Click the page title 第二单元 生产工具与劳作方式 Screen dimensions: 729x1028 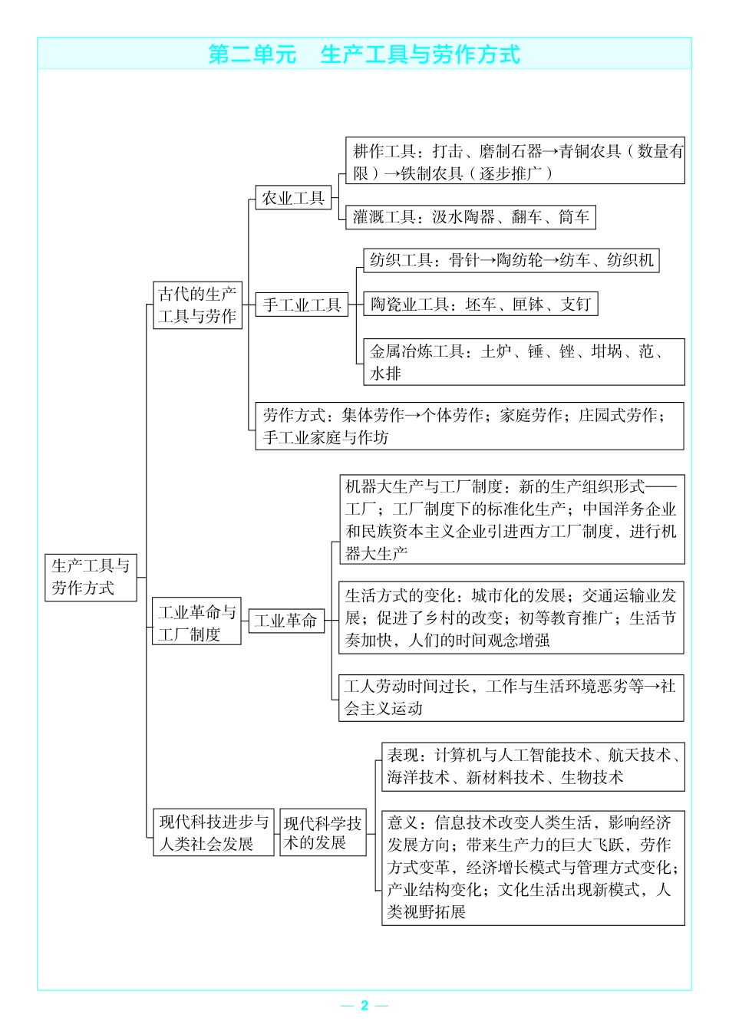364,54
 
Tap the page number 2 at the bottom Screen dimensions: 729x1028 364,1005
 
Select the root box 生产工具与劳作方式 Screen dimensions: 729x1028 91,578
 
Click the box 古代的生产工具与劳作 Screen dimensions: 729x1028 197,305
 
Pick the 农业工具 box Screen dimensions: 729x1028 293,198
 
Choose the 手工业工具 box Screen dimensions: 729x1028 302,305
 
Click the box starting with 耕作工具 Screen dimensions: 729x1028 515,160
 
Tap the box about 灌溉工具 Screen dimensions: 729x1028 470,217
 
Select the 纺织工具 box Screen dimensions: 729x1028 511,261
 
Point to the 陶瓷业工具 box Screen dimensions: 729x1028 480,304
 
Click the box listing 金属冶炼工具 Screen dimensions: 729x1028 524,362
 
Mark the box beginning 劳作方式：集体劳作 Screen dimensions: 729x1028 470,427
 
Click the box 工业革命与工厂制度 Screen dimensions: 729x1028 196,621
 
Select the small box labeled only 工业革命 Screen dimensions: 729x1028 286,621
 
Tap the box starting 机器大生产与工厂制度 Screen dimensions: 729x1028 512,519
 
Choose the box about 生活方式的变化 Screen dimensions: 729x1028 511,618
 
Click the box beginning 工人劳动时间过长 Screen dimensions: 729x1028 511,698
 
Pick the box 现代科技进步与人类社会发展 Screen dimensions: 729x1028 213,832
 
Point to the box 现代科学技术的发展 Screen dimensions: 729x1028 323,832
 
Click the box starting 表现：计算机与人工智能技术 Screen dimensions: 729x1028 533,767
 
